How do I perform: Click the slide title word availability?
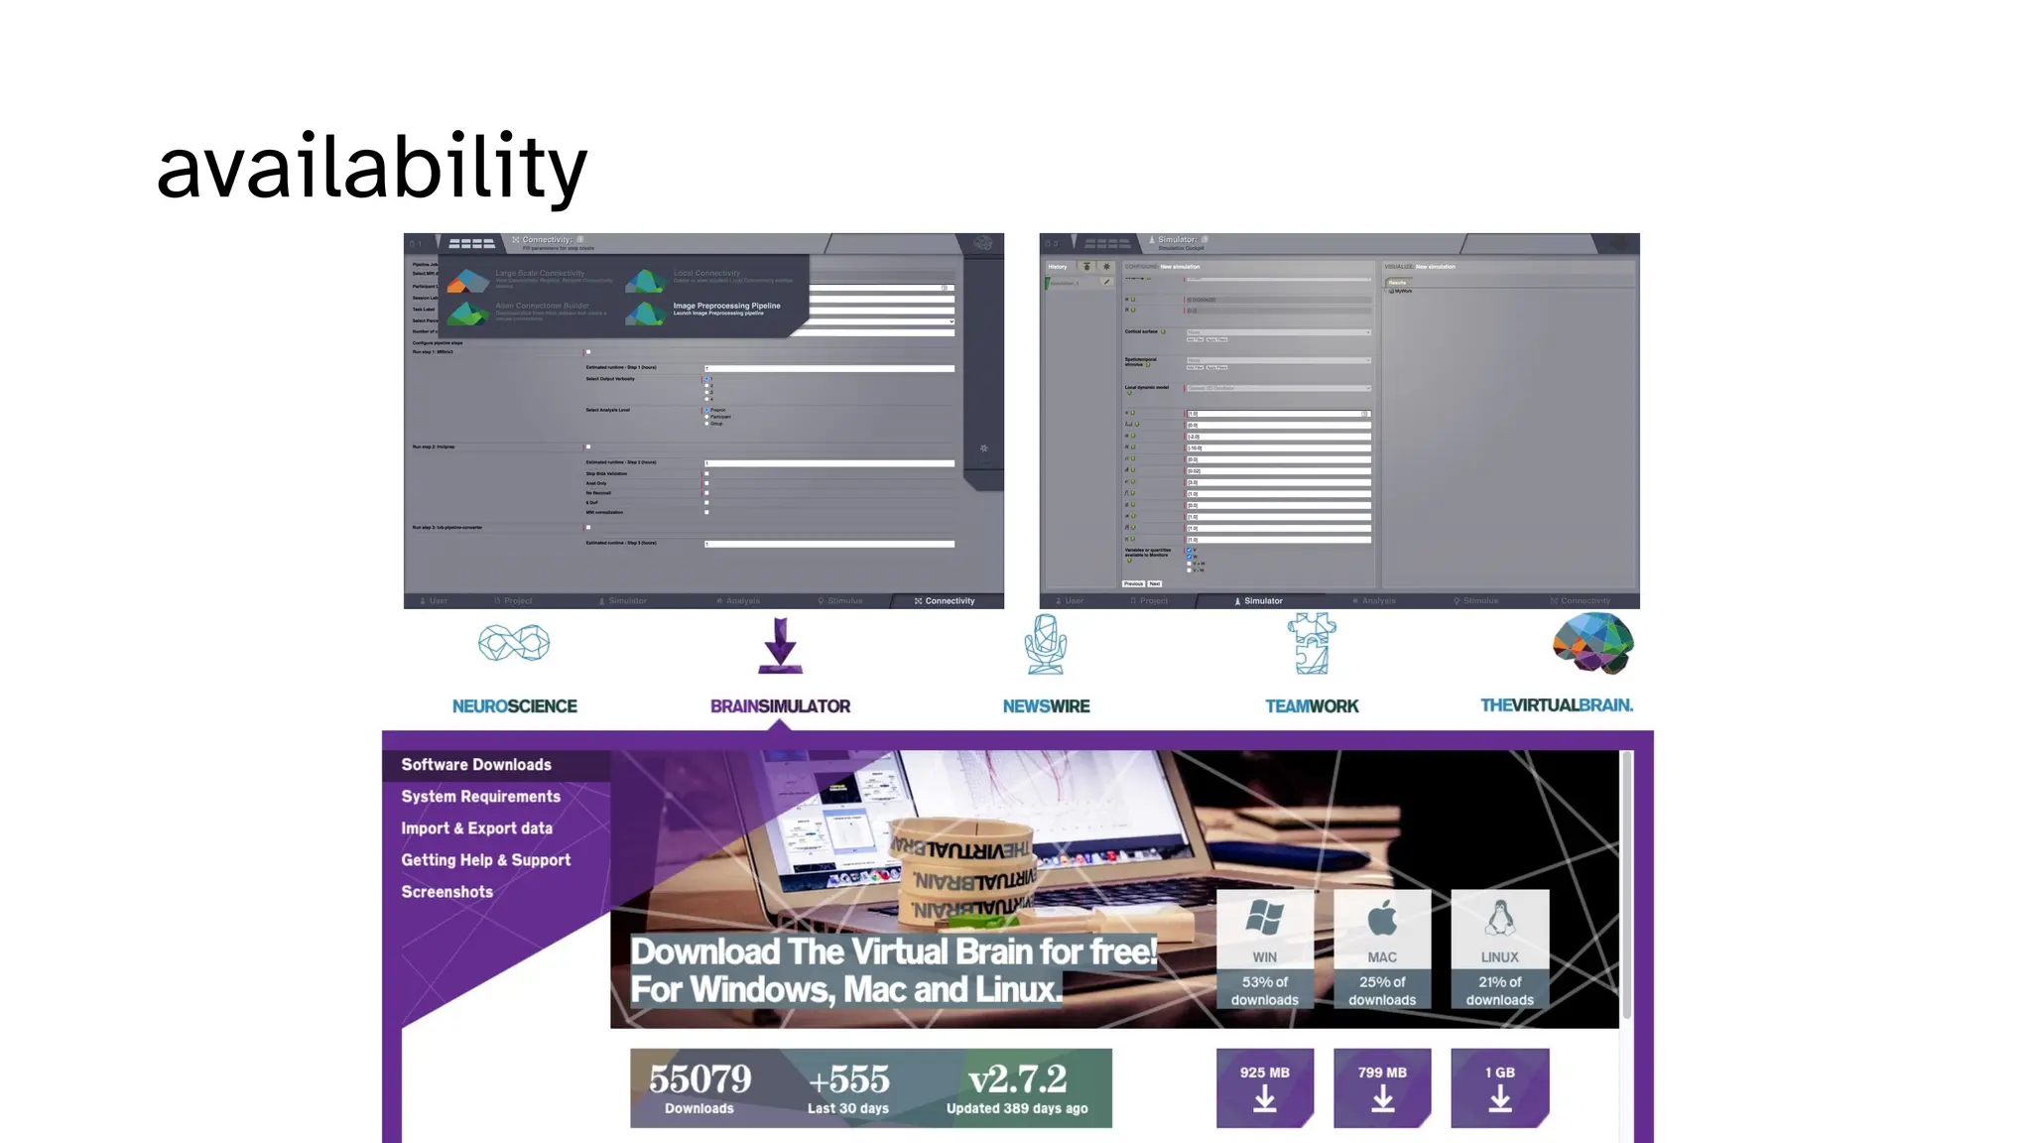pos(372,167)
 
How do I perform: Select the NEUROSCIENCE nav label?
pos(514,706)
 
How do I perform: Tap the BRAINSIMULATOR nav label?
pos(780,706)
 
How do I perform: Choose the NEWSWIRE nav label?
pos(1046,706)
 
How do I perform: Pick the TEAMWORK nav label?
pos(1312,706)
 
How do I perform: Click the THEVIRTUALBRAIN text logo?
pos(1556,705)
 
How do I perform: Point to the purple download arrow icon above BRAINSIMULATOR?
pos(780,645)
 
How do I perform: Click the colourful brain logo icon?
pos(1592,643)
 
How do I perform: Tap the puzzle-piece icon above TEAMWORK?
pos(1312,644)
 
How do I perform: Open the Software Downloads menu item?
pos(476,765)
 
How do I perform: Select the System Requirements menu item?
pos(480,797)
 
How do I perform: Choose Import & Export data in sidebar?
pos(476,828)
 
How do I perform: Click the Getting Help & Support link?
pos(485,860)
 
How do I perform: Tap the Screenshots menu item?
pos(446,892)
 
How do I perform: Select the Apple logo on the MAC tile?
pos(1382,919)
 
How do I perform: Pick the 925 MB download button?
pos(1264,1087)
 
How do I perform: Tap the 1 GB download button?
pos(1499,1087)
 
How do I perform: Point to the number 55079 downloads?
pos(699,1079)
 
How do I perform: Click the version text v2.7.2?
pos(1017,1079)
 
